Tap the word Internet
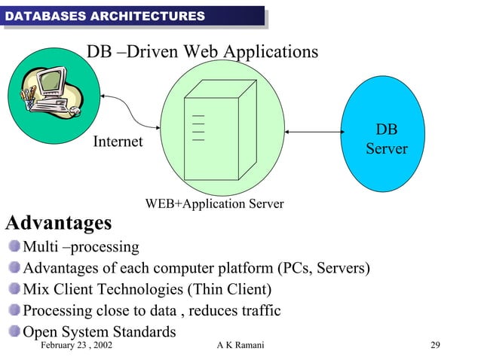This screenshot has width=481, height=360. click(118, 142)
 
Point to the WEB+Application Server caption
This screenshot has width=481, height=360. click(214, 204)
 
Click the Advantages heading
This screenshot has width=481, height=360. click(59, 224)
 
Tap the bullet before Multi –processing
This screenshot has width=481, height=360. click(15, 246)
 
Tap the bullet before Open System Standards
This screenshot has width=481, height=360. click(15, 331)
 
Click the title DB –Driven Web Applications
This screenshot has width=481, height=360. click(202, 52)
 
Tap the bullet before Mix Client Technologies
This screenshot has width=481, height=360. click(15, 289)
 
